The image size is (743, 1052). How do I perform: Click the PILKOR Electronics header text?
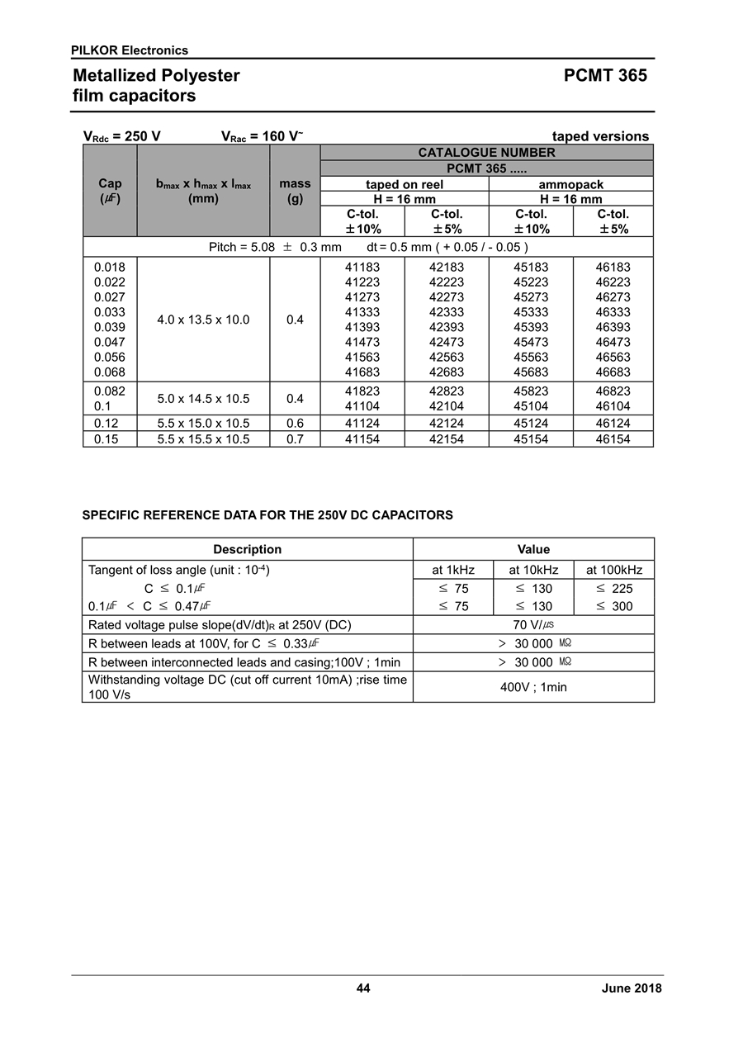pos(130,50)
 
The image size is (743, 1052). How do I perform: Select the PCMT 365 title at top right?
pos(605,76)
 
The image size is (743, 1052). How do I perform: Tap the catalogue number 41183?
pos(362,268)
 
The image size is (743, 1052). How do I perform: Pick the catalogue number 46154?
pos(613,439)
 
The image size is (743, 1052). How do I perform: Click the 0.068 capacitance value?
pos(110,372)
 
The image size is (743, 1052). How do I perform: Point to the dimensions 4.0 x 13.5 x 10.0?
pos(203,320)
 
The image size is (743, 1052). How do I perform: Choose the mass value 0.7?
pos(295,439)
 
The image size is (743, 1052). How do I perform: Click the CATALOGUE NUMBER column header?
pos(486,153)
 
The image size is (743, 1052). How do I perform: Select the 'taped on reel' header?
pos(405,185)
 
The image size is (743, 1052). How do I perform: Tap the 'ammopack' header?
pos(571,185)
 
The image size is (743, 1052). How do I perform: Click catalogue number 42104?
pos(446,406)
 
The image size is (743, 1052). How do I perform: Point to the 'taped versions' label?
pos(600,136)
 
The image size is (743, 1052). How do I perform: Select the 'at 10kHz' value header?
pos(533,570)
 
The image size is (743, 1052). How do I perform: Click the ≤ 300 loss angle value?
pos(613,606)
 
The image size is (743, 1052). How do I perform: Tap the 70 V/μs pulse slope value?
pos(533,625)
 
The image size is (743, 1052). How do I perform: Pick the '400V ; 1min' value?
pos(533,687)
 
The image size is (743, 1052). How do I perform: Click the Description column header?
pos(247,549)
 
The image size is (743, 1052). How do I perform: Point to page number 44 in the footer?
pos(363,988)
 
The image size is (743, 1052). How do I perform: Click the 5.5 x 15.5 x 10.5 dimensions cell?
pos(203,439)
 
